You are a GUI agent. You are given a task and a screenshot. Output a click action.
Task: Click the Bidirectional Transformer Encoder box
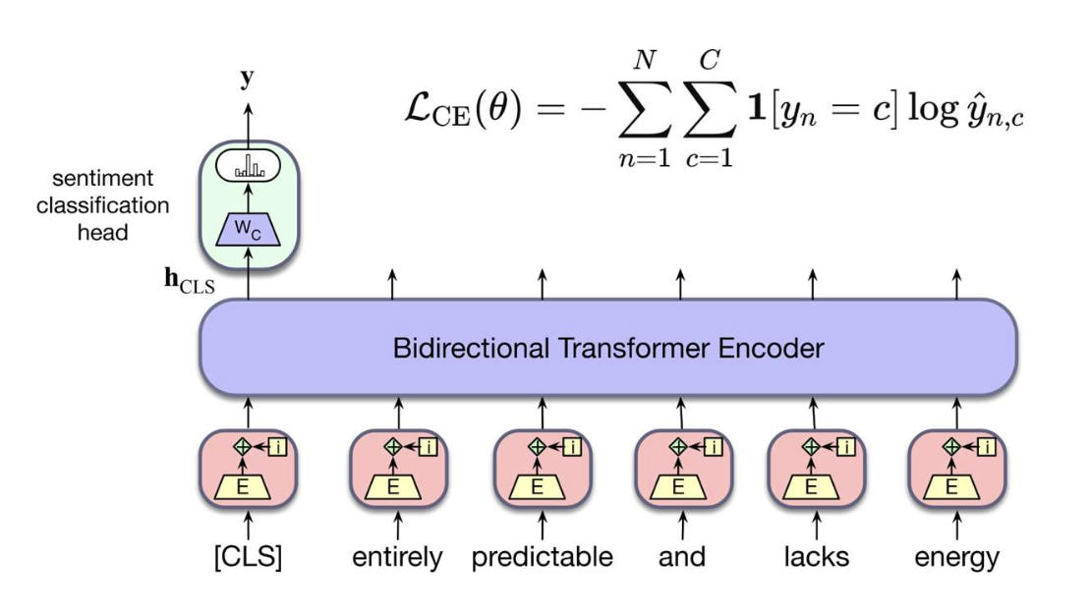[x=607, y=348]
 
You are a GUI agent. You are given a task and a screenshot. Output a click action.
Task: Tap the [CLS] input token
[x=248, y=557]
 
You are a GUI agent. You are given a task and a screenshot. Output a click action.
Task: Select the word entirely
[x=397, y=557]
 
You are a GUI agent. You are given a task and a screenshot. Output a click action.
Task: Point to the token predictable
[x=542, y=557]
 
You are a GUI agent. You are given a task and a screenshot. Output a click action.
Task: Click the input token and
[x=681, y=557]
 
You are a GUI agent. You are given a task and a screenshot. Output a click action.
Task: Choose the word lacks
[x=816, y=557]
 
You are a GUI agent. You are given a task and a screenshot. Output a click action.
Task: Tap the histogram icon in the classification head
[x=248, y=168]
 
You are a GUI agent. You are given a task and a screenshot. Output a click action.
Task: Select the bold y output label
[x=248, y=79]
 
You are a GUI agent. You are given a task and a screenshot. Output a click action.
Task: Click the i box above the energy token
[x=987, y=447]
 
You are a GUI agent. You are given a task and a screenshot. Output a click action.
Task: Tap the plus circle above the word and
[x=677, y=446]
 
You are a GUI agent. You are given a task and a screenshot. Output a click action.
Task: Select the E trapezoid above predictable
[x=537, y=484]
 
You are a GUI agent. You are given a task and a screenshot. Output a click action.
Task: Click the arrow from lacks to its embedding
[x=813, y=525]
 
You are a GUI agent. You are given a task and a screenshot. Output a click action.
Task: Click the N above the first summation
[x=644, y=62]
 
